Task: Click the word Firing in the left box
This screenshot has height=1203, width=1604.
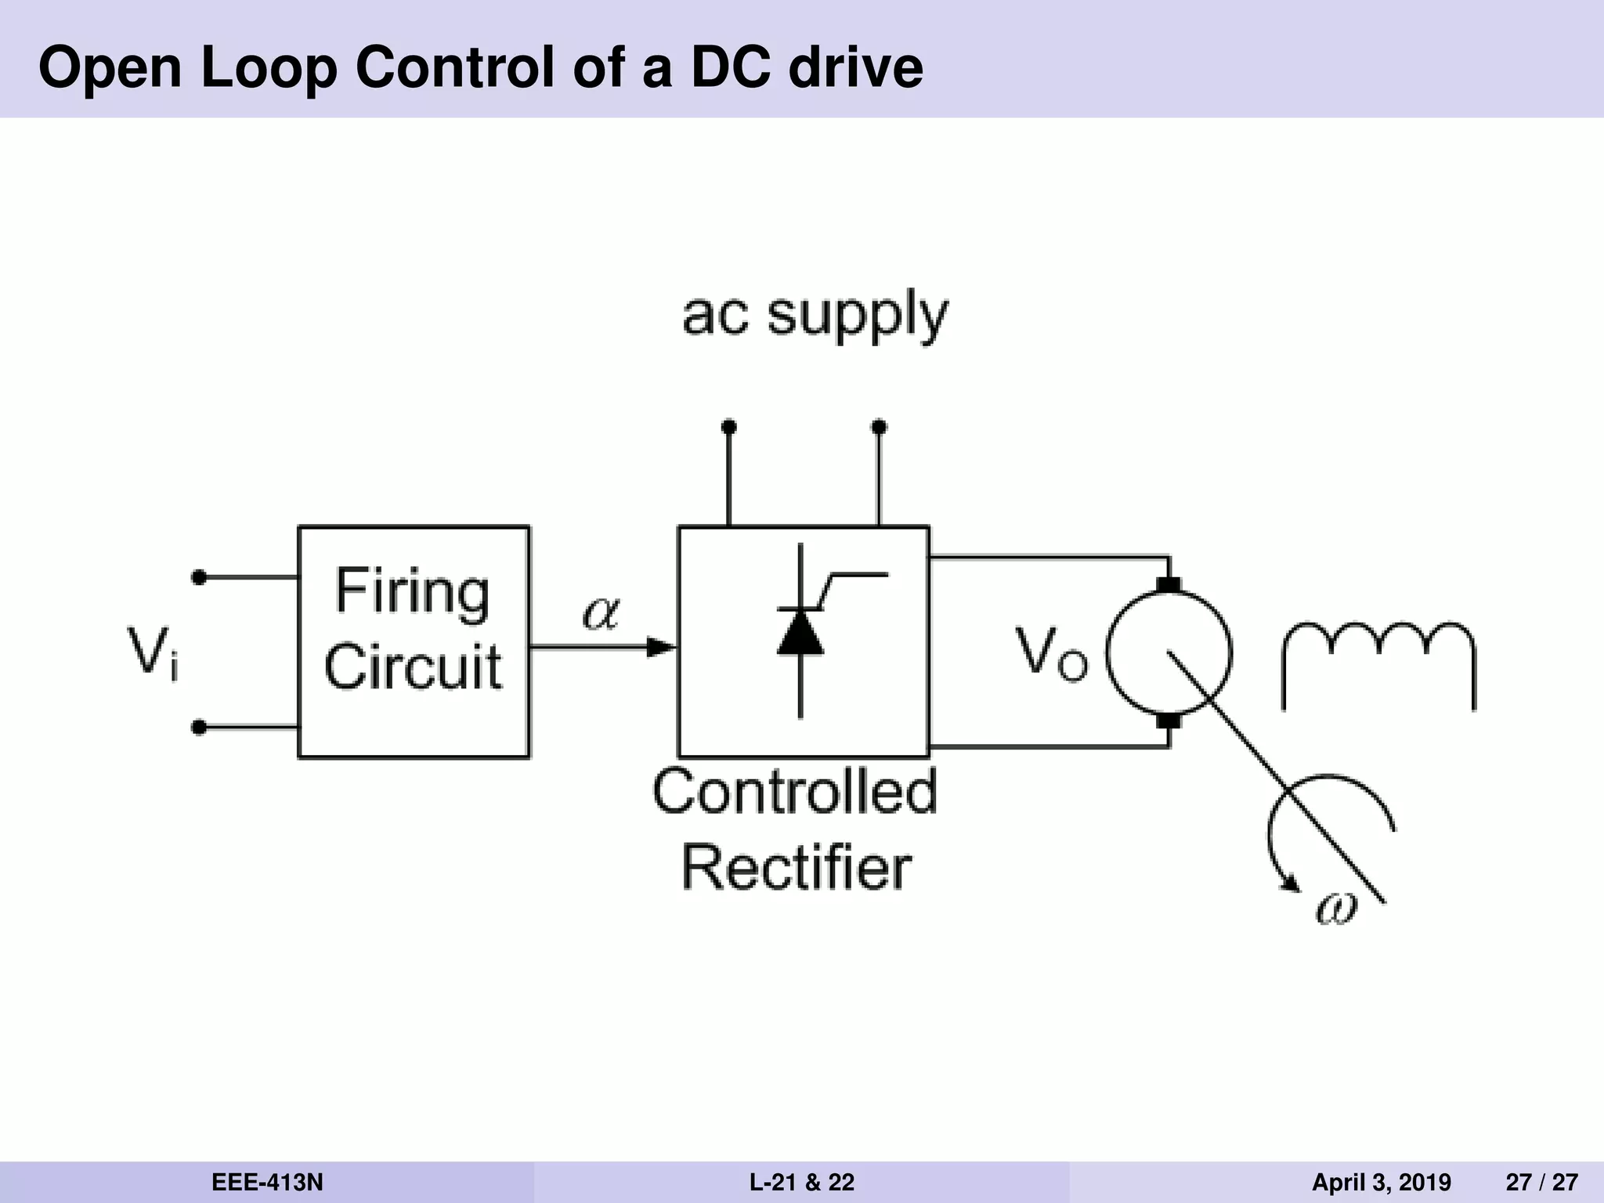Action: tap(413, 593)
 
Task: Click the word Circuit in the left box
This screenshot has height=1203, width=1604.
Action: tap(413, 667)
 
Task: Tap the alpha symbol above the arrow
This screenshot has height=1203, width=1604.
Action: tap(601, 612)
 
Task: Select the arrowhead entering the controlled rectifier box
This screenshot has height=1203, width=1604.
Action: tap(662, 647)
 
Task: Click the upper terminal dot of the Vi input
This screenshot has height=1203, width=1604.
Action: tap(199, 577)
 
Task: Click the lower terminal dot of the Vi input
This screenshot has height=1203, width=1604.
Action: tap(199, 728)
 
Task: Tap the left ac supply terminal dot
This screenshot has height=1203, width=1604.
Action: tap(728, 427)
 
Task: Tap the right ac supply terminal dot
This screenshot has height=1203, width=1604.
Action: tap(879, 427)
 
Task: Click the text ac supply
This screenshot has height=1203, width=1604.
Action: tap(815, 315)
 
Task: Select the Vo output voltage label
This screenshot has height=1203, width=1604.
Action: tap(1051, 654)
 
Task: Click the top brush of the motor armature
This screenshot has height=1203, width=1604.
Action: tap(1169, 585)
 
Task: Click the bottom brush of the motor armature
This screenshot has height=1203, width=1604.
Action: tap(1169, 720)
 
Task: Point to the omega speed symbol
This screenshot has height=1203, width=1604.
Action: tap(1336, 909)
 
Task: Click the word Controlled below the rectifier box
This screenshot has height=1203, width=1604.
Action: tap(794, 792)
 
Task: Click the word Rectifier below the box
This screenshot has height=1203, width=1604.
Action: tap(797, 868)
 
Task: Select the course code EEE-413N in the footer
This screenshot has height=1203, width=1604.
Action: tap(267, 1182)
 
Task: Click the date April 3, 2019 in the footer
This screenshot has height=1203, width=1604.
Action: tap(1381, 1182)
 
